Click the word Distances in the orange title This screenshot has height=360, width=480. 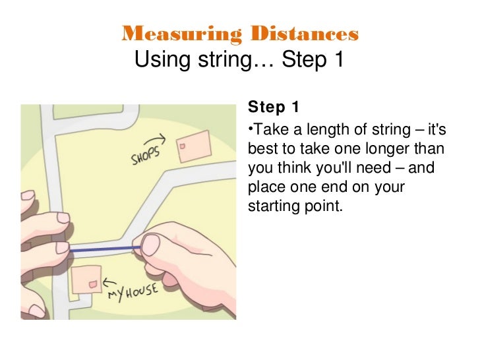[305, 34]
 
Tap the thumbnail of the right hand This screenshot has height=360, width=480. [151, 245]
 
